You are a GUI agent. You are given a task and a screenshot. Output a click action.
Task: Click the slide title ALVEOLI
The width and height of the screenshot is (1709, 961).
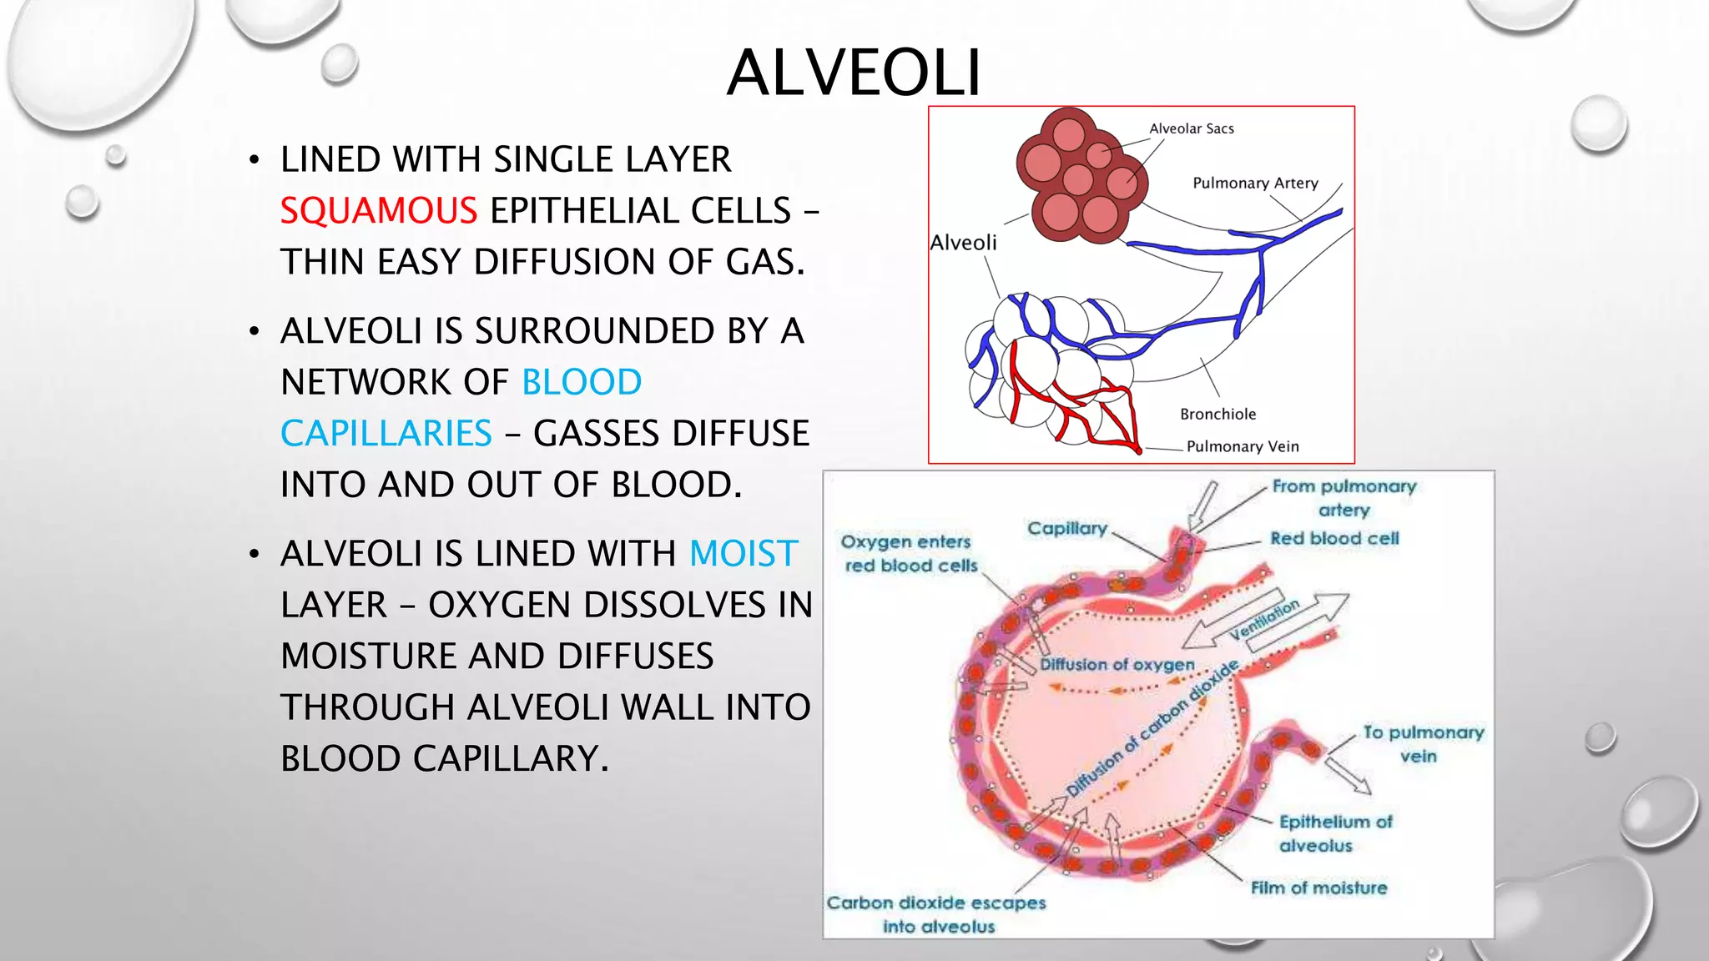[x=854, y=73]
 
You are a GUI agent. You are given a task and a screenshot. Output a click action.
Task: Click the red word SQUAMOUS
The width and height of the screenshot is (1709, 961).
[x=378, y=210]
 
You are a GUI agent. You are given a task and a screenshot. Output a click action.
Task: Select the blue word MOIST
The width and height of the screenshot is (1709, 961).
[x=744, y=554]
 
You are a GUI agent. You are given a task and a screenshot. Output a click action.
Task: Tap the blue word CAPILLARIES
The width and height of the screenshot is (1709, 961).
[x=386, y=434]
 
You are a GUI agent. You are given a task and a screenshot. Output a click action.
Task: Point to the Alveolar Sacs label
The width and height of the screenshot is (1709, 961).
[x=1191, y=128]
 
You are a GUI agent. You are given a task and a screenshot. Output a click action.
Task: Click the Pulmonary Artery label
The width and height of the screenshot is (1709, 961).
[x=1255, y=184]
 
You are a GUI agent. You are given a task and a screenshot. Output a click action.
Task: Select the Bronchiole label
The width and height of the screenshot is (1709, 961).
[x=1217, y=415]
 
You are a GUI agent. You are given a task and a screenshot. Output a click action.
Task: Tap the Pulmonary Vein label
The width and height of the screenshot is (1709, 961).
[x=1243, y=446]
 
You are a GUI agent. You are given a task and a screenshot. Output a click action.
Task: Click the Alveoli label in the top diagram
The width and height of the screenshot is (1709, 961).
[x=963, y=243]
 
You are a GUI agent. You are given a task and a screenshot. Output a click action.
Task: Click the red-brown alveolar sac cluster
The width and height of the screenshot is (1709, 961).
[x=1081, y=176]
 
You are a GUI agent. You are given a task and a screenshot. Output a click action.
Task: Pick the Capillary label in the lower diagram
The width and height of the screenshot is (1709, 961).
[x=1066, y=528]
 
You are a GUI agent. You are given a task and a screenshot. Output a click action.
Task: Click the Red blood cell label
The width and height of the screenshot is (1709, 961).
[x=1333, y=539]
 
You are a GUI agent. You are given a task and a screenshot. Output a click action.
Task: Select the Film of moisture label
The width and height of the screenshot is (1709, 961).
[x=1318, y=888]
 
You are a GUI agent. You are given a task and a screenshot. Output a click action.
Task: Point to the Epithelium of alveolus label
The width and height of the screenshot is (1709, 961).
[x=1334, y=833]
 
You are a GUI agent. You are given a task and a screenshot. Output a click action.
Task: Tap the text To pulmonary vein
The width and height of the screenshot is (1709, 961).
[x=1423, y=744]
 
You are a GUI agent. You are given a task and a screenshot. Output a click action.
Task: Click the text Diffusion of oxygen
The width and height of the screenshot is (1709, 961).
[x=1117, y=665]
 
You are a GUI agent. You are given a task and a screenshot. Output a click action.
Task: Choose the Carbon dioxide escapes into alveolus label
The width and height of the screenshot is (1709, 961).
[x=936, y=914]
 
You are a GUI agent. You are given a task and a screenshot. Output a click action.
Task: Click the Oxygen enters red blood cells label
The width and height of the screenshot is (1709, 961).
[x=908, y=553]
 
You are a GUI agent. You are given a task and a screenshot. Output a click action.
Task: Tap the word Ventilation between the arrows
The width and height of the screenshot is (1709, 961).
[x=1265, y=619]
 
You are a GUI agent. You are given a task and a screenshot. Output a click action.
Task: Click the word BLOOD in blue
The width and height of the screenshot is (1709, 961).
[x=582, y=382]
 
